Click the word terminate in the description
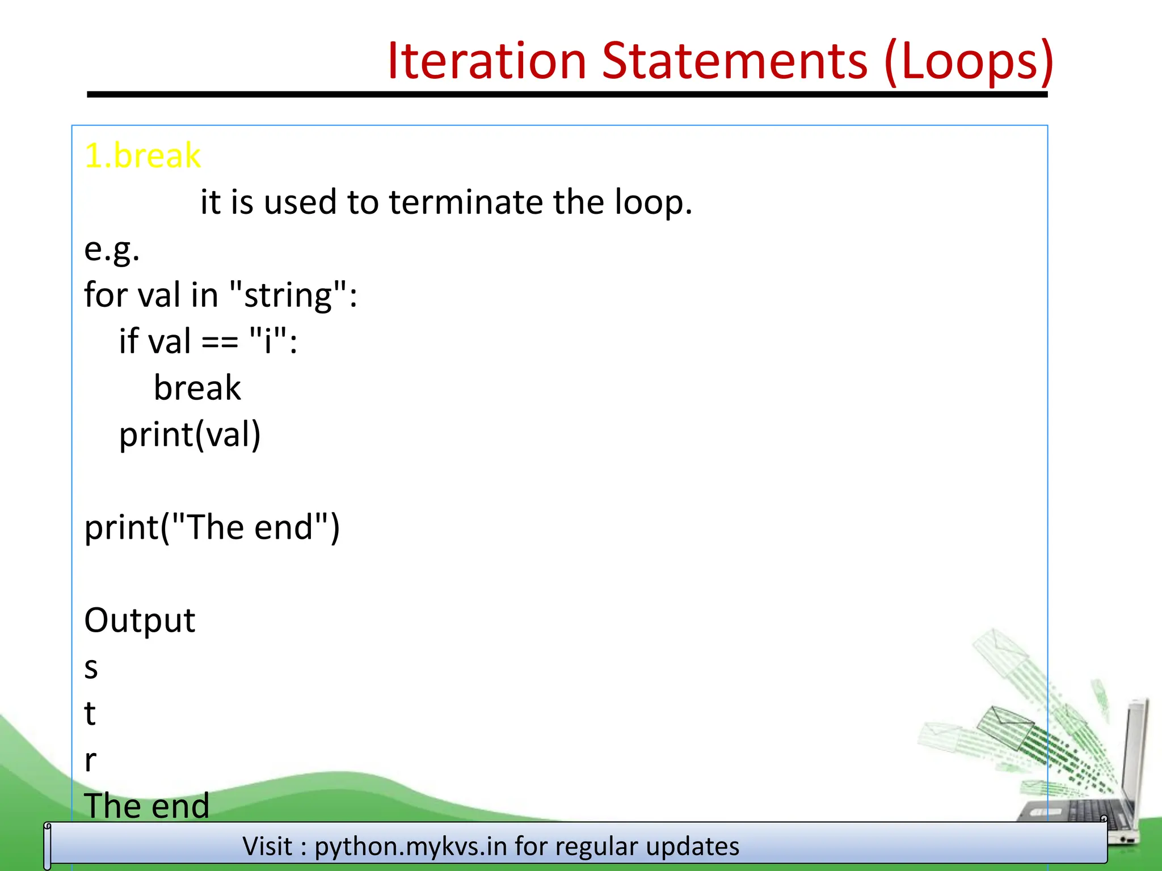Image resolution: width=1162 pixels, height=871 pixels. click(x=465, y=202)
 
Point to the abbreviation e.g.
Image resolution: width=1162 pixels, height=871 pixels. click(x=112, y=250)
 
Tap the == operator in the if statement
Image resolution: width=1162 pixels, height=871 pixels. click(x=220, y=343)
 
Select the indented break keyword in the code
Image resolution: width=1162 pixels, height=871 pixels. click(x=197, y=388)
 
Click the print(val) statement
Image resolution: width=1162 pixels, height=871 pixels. click(x=190, y=435)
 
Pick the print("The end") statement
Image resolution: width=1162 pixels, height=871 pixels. click(x=212, y=528)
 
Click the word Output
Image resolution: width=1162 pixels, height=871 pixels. click(x=140, y=620)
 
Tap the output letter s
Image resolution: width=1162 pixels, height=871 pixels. click(x=91, y=668)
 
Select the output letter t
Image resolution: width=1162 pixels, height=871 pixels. click(x=90, y=713)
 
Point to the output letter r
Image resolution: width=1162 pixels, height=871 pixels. click(x=90, y=760)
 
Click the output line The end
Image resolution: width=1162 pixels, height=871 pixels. click(x=146, y=806)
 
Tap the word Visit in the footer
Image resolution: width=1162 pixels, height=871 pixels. click(x=267, y=847)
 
